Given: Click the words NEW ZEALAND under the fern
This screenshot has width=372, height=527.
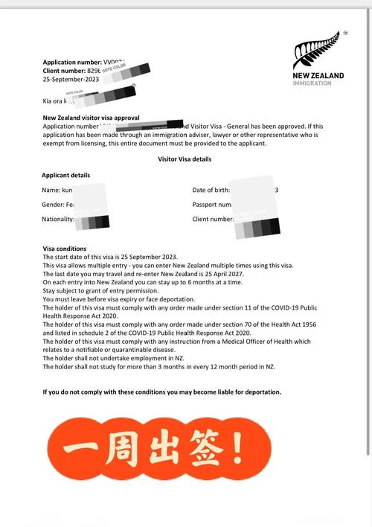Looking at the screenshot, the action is (318, 75).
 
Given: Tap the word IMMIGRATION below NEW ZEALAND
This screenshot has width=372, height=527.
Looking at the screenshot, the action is (312, 83).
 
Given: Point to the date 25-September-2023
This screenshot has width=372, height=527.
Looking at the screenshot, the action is (71, 78).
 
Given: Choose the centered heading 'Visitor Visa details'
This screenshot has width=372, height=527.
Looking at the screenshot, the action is (185, 159).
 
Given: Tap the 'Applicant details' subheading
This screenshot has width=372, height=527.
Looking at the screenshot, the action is (65, 175).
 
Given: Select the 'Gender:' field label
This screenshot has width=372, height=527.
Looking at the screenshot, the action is (54, 204).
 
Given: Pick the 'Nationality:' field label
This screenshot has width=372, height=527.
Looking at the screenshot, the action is (57, 219).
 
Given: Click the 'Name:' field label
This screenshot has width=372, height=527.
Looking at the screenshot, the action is (51, 190).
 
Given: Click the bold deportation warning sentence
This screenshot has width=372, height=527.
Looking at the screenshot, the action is (162, 392).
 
